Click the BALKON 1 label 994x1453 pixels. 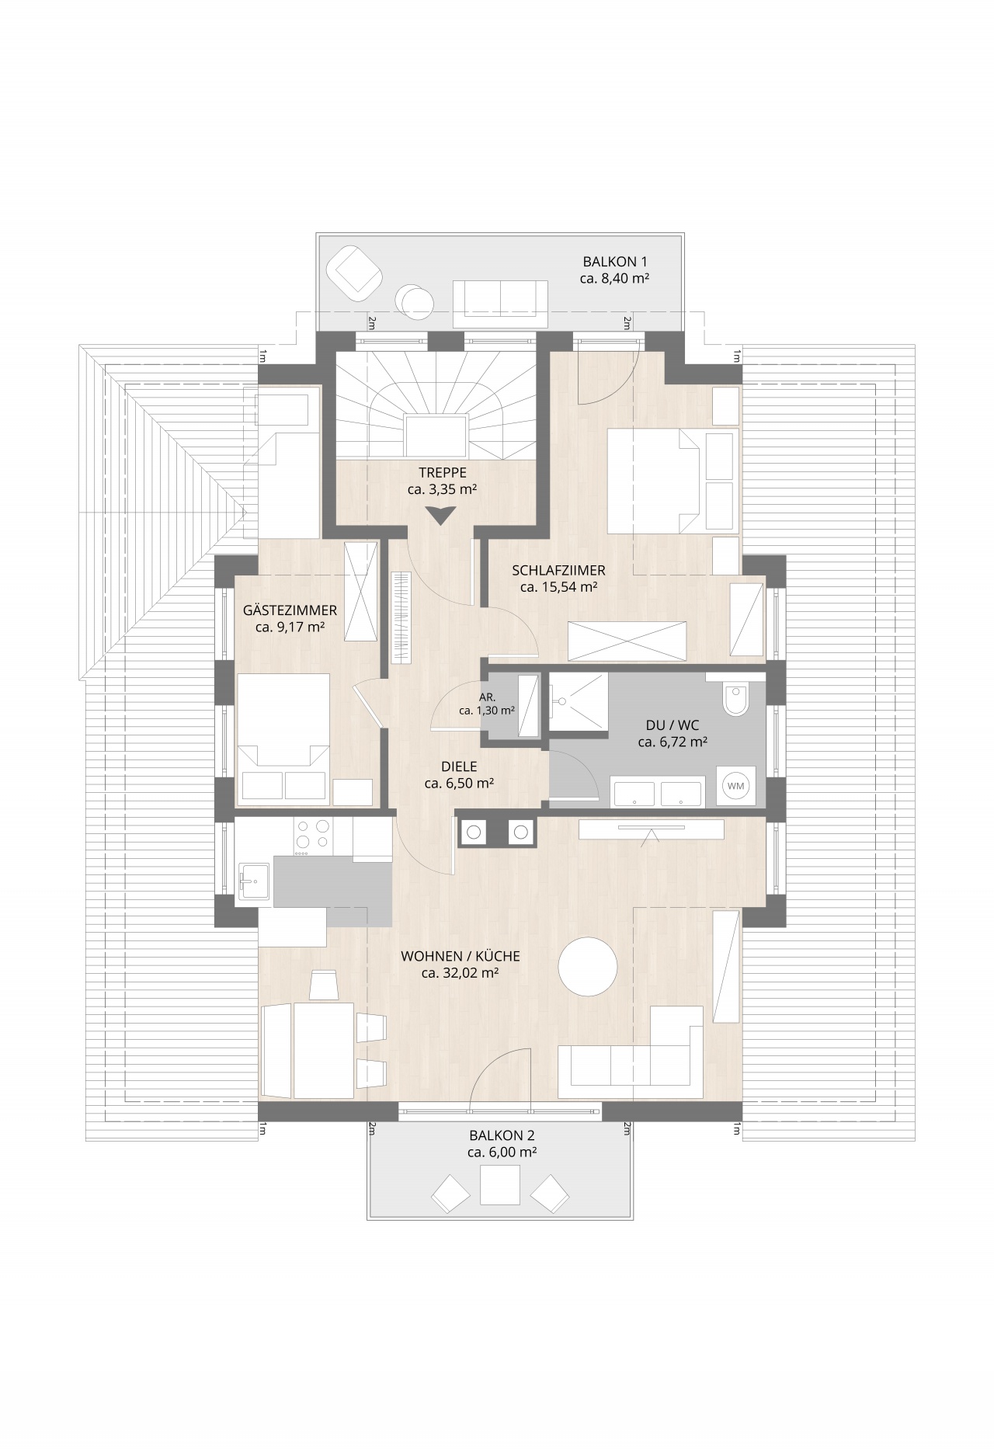click(x=615, y=262)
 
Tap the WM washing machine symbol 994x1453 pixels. click(x=735, y=786)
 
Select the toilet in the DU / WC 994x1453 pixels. click(x=735, y=698)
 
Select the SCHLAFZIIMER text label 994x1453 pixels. click(x=558, y=570)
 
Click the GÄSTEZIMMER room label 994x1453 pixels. click(x=290, y=610)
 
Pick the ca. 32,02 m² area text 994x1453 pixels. click(x=460, y=972)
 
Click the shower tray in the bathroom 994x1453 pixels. click(x=579, y=702)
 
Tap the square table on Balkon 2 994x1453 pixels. click(x=499, y=1185)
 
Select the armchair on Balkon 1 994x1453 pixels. click(x=355, y=272)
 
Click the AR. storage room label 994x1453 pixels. click(x=487, y=697)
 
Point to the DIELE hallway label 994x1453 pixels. click(x=459, y=767)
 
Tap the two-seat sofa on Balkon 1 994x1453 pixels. click(x=501, y=304)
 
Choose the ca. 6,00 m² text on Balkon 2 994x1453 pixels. click(x=502, y=1152)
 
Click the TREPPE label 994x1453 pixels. click(x=443, y=472)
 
